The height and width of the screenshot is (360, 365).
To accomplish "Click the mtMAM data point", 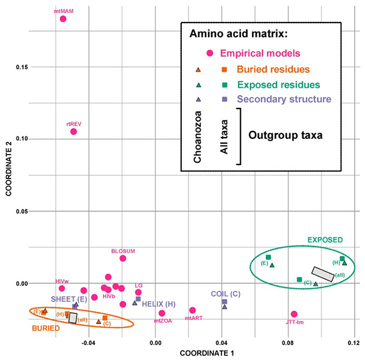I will (x=63, y=19).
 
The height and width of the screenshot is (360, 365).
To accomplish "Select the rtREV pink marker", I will (x=74, y=132).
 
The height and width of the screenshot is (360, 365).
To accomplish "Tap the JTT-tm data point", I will (x=294, y=314).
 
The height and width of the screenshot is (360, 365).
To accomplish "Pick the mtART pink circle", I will (x=193, y=310).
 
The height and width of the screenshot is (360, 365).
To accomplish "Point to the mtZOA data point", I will (x=162, y=313).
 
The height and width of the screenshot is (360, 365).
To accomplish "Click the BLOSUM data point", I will (x=123, y=258).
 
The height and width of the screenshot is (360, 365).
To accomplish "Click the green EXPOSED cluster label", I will (x=325, y=239).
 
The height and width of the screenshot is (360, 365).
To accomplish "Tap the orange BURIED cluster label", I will (x=47, y=328).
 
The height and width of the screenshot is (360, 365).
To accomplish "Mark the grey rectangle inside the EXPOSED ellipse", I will (x=322, y=274).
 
